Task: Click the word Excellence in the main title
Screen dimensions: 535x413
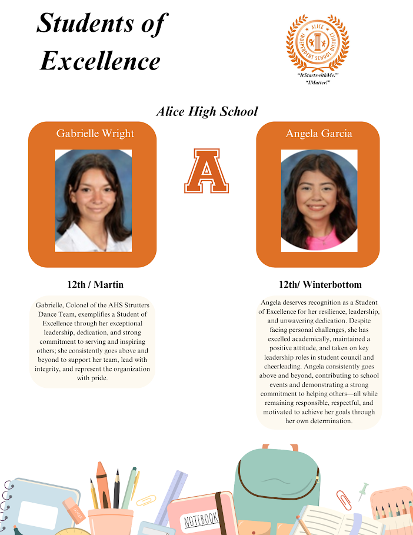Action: tap(100, 60)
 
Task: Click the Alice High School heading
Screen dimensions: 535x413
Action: tap(206, 111)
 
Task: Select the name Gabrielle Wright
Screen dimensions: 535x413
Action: tap(95, 134)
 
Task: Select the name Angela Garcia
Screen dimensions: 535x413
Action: tap(319, 134)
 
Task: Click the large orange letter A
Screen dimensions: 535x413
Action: tap(206, 171)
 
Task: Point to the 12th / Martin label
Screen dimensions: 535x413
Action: tap(95, 285)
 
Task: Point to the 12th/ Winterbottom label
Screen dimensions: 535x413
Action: tap(320, 285)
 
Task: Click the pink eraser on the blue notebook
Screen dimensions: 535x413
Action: tap(74, 510)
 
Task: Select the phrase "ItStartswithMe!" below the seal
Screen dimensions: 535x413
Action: tap(318, 76)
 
